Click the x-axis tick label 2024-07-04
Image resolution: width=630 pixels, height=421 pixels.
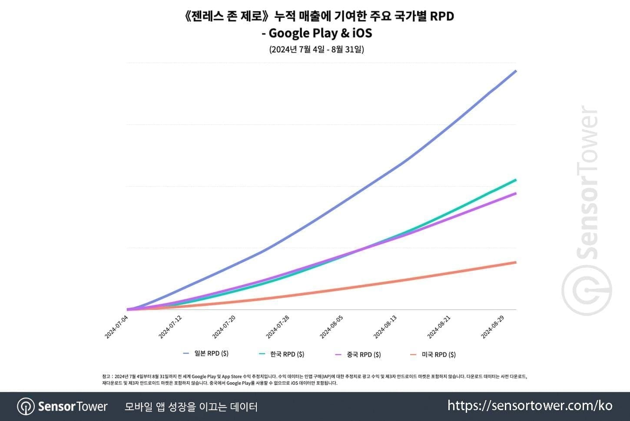click(117, 327)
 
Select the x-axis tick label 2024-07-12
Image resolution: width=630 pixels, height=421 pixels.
click(170, 327)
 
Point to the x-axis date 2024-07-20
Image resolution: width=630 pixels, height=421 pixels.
click(224, 327)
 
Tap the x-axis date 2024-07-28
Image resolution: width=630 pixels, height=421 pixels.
click(278, 327)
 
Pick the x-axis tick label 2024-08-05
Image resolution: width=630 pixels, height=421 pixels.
click(332, 327)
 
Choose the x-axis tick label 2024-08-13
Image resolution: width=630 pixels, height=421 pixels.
click(385, 327)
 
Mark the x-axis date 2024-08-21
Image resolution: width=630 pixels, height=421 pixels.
click(439, 327)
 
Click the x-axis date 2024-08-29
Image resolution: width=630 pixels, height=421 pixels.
click(493, 327)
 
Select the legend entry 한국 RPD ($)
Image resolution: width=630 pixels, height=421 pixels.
click(287, 354)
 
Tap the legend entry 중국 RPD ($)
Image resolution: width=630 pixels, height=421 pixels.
click(363, 355)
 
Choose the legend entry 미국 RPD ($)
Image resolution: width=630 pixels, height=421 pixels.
click(438, 355)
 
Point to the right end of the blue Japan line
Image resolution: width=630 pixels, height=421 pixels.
click(516, 71)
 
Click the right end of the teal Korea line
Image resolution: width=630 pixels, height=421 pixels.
click(516, 180)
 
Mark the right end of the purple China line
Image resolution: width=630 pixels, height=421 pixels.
click(516, 193)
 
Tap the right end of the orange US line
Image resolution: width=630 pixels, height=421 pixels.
click(516, 262)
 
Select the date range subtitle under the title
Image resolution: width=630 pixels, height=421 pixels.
click(316, 49)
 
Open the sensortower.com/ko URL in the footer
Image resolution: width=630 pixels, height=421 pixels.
click(530, 406)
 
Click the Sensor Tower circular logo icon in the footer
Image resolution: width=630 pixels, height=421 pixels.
click(26, 407)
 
